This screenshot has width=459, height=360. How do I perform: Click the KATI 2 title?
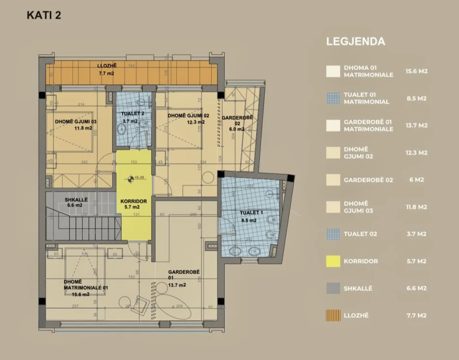click(43, 15)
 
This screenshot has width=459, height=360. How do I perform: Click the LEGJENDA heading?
click(356, 42)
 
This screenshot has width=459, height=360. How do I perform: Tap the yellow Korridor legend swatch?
click(333, 261)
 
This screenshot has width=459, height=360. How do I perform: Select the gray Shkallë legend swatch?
click(333, 288)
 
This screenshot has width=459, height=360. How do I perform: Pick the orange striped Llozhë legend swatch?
click(333, 316)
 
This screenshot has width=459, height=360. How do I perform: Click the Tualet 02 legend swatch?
click(333, 234)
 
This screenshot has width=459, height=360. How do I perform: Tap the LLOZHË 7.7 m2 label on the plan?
click(106, 69)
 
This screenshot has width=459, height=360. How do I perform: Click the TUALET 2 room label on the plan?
click(129, 116)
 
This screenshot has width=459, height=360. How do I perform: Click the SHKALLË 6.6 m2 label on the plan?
click(77, 202)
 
